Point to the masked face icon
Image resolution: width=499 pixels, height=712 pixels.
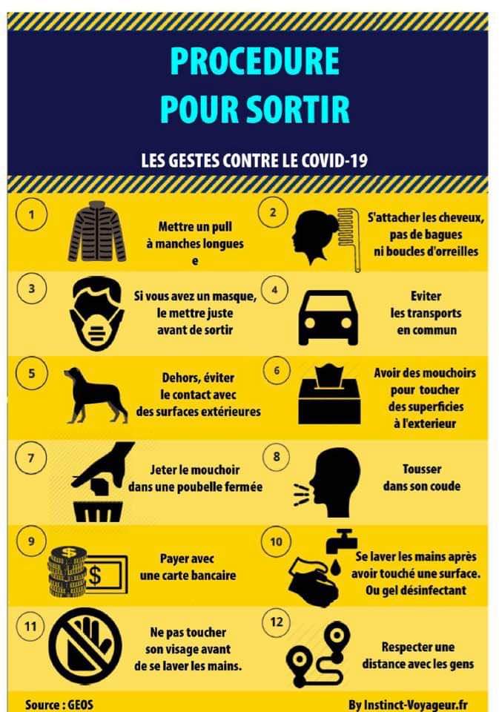tap(97, 314)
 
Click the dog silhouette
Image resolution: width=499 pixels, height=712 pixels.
tap(96, 395)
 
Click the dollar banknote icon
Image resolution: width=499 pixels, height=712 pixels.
tap(106, 576)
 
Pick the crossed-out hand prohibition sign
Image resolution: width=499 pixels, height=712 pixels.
tap(85, 647)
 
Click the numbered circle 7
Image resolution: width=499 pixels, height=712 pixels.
tap(31, 458)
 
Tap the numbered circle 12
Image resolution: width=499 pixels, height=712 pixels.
tap(277, 622)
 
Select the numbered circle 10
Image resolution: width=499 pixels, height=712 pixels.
tap(276, 541)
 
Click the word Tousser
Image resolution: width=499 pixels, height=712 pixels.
tap(422, 469)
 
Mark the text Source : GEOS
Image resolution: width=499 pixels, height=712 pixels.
tap(59, 705)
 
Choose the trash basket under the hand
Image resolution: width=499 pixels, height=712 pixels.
tap(99, 511)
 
